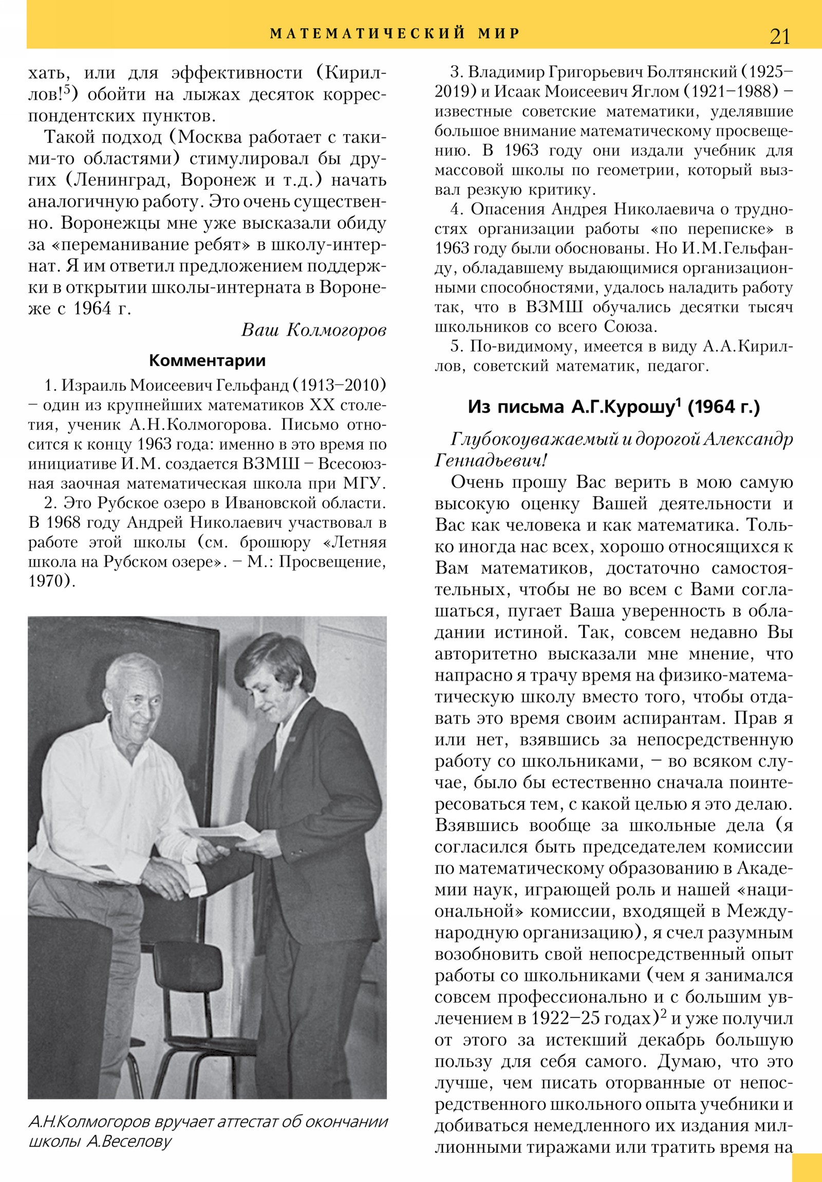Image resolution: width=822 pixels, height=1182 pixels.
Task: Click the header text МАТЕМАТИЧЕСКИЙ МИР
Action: pyautogui.click(x=395, y=33)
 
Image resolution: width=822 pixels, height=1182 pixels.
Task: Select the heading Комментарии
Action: pyautogui.click(x=207, y=360)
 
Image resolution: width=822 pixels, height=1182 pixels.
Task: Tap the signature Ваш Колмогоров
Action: pyautogui.click(x=313, y=330)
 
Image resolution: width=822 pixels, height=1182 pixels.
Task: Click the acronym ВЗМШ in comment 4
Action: pyautogui.click(x=554, y=307)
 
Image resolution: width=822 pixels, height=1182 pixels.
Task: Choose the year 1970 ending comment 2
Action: pyautogui.click(x=49, y=581)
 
